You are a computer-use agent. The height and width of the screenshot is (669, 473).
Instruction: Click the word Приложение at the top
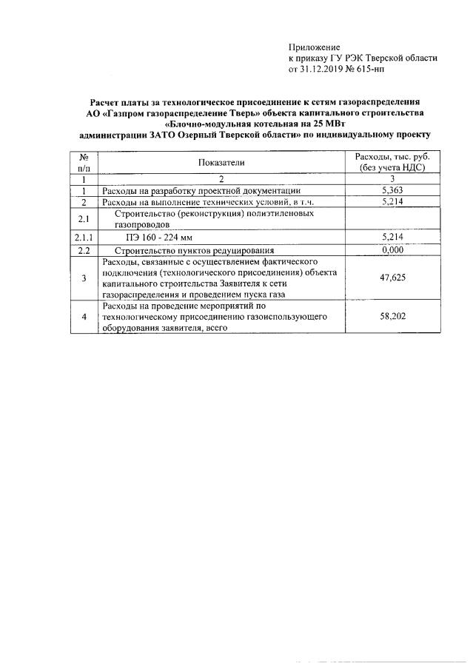(313, 47)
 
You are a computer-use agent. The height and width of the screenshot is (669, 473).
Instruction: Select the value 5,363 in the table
(392, 190)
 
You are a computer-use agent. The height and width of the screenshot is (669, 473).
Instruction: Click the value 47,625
(392, 278)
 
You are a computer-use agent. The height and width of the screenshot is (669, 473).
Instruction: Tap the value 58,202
(392, 316)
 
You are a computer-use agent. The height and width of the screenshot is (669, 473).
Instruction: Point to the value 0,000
(392, 250)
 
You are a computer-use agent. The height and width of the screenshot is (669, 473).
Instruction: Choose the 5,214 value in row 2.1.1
(392, 237)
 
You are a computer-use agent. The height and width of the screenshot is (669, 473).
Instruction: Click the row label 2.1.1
(84, 237)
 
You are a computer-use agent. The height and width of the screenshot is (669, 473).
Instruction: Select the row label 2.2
(84, 250)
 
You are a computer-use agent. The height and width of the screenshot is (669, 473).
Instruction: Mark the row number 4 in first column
(84, 317)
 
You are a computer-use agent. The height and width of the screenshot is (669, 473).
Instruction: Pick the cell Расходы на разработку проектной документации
(201, 190)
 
